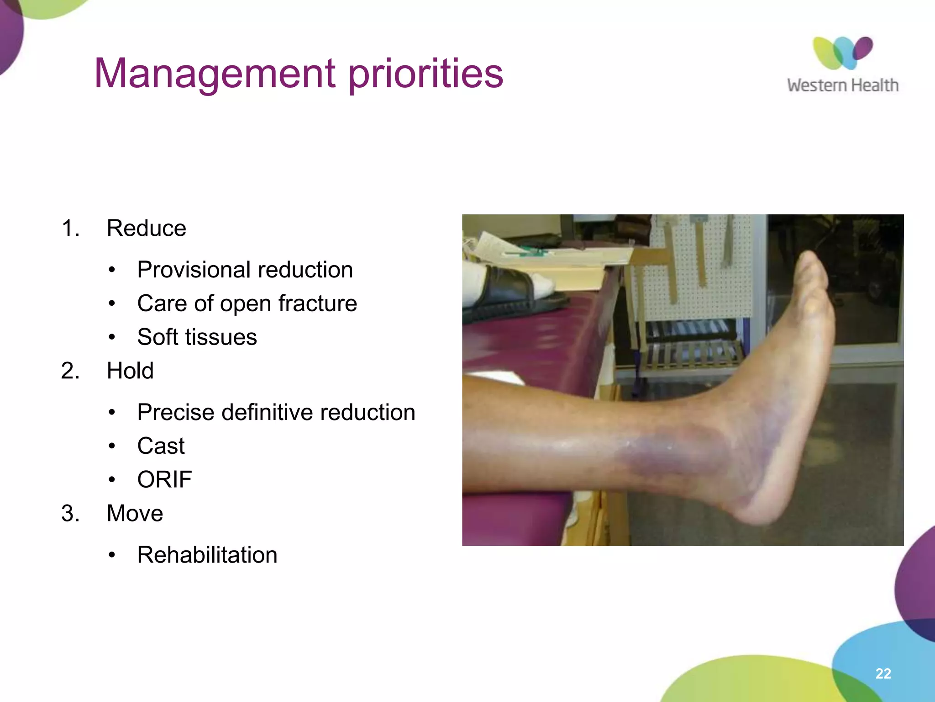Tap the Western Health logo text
coord(842,85)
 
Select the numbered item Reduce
coord(146,228)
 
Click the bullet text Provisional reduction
coord(245,270)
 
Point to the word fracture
coord(318,303)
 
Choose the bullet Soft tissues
coord(197,337)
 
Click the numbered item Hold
coord(130,371)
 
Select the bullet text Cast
coord(161,446)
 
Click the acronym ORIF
coord(164,479)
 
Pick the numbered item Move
coord(135,513)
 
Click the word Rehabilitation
coord(207,555)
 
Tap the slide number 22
coord(883,673)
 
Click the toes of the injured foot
coord(811,274)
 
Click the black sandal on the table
coord(511,292)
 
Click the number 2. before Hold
coord(70,371)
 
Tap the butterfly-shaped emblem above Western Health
coord(842,53)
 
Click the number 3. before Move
coord(70,513)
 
